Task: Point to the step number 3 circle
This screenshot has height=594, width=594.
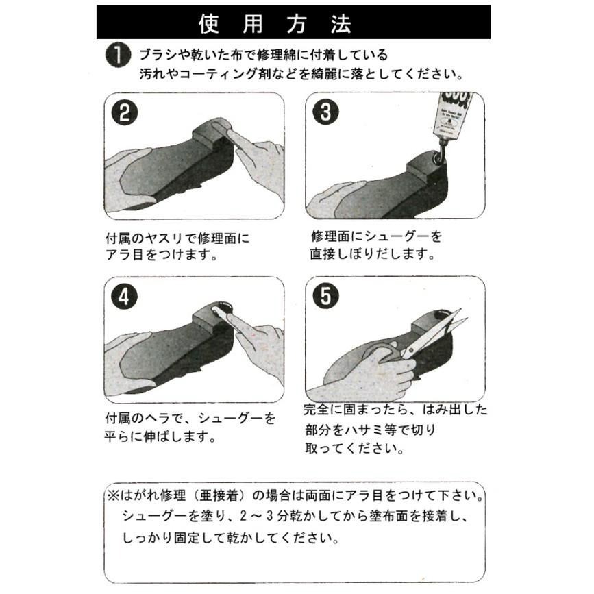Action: (x=325, y=112)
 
